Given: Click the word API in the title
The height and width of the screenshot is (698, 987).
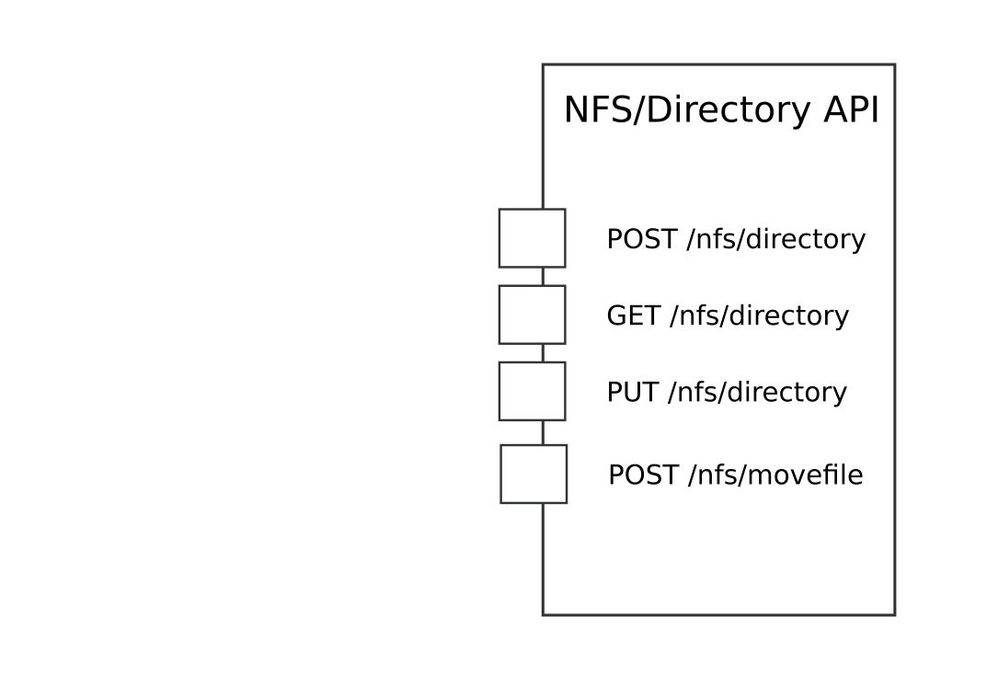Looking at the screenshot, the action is click(851, 109).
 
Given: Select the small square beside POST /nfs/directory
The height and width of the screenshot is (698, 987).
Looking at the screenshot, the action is click(532, 238).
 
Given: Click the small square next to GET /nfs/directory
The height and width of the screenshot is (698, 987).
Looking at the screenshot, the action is click(532, 315).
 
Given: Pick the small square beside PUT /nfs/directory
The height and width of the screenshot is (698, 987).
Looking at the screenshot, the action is click(532, 391).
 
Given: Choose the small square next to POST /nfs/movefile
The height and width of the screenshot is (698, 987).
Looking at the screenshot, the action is click(534, 475).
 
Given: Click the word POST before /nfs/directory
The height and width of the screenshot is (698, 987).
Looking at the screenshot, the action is click(642, 239).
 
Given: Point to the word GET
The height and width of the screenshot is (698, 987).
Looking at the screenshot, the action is click(633, 315).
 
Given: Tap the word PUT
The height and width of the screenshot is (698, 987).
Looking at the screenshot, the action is click(632, 392).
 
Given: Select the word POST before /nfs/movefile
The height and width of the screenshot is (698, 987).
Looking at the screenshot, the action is click(644, 475).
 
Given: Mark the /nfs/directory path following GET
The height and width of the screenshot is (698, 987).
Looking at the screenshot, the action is click(759, 315).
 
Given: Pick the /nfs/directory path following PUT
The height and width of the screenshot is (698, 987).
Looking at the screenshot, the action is click(757, 392).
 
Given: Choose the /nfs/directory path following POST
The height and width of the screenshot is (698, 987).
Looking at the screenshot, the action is click(776, 239).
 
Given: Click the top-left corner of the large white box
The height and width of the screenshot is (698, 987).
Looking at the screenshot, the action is click(544, 65).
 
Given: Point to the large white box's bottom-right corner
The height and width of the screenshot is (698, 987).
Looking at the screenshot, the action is click(894, 613).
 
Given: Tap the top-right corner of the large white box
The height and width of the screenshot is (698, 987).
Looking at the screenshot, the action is click(894, 65).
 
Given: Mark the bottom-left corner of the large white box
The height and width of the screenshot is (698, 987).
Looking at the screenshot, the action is click(544, 613).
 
